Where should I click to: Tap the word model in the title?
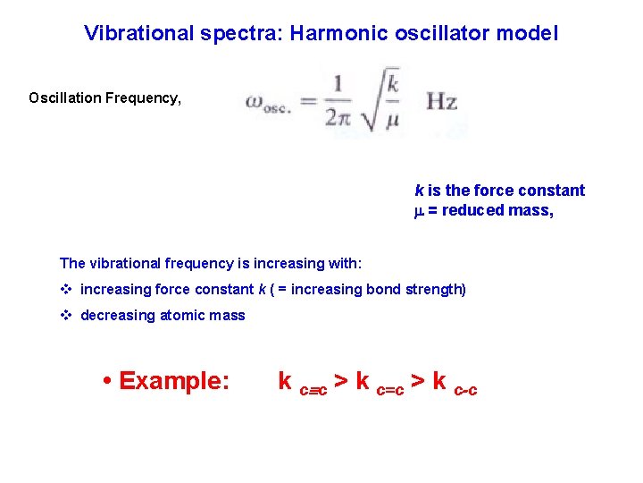pos(530,33)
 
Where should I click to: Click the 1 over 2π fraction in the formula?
pos(339,101)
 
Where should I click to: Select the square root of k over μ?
pos(384,99)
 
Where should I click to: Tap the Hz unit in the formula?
pos(441,101)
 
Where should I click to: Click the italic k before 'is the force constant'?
pos(419,191)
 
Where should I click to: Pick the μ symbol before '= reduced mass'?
pos(419,210)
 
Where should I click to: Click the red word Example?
pos(174,381)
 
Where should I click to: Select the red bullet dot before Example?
pos(107,382)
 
